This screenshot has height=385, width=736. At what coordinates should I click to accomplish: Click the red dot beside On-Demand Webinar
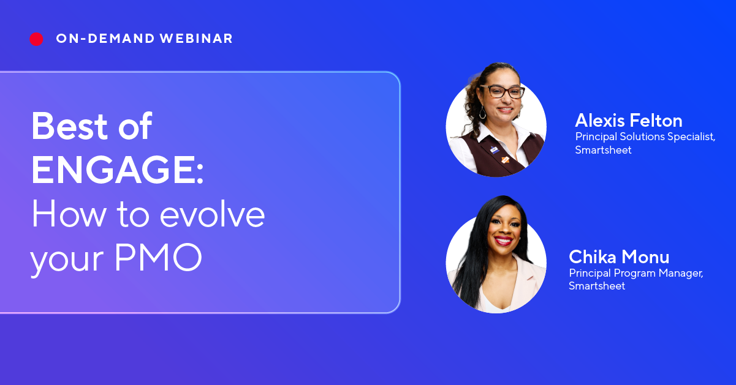click(36, 39)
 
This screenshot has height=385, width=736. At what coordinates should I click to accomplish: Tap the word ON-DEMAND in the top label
click(105, 39)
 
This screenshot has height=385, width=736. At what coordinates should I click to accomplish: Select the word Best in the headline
click(66, 127)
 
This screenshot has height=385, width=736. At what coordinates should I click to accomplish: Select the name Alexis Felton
click(628, 120)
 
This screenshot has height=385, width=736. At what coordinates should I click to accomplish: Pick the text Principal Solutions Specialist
click(645, 136)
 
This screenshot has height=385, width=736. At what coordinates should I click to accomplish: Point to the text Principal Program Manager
click(635, 272)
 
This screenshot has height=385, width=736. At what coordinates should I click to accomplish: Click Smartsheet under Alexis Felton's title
click(603, 150)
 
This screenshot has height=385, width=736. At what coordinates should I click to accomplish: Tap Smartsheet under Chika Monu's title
click(597, 286)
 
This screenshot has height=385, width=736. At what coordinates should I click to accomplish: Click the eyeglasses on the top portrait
click(502, 92)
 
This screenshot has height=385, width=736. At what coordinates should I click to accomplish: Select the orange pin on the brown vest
click(505, 160)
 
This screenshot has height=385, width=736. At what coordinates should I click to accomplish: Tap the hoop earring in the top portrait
click(482, 114)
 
